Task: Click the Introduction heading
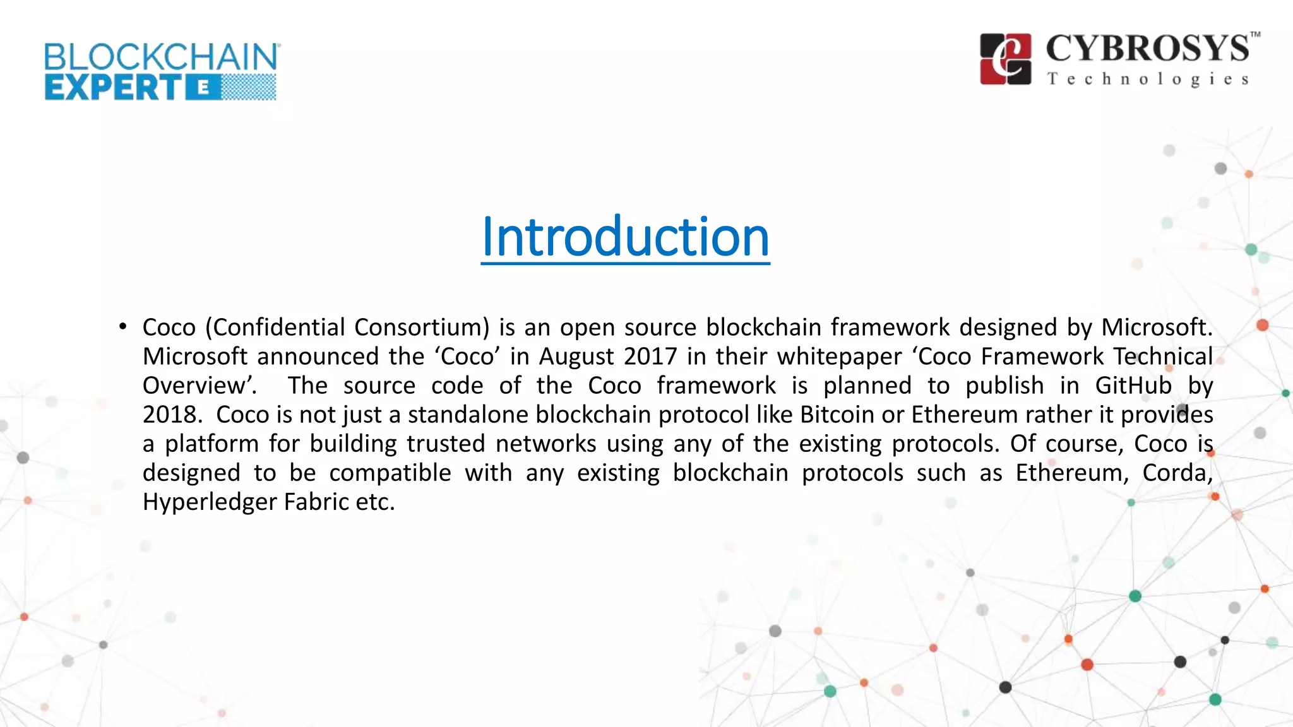(625, 237)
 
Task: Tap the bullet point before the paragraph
(122, 327)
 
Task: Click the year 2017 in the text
(650, 357)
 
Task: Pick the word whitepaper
(839, 357)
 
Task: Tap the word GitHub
(1133, 386)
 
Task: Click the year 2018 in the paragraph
(168, 415)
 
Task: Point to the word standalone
(468, 415)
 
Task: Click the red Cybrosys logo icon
(1006, 59)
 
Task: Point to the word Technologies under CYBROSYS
(1148, 80)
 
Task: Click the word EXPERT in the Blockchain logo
(114, 88)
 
